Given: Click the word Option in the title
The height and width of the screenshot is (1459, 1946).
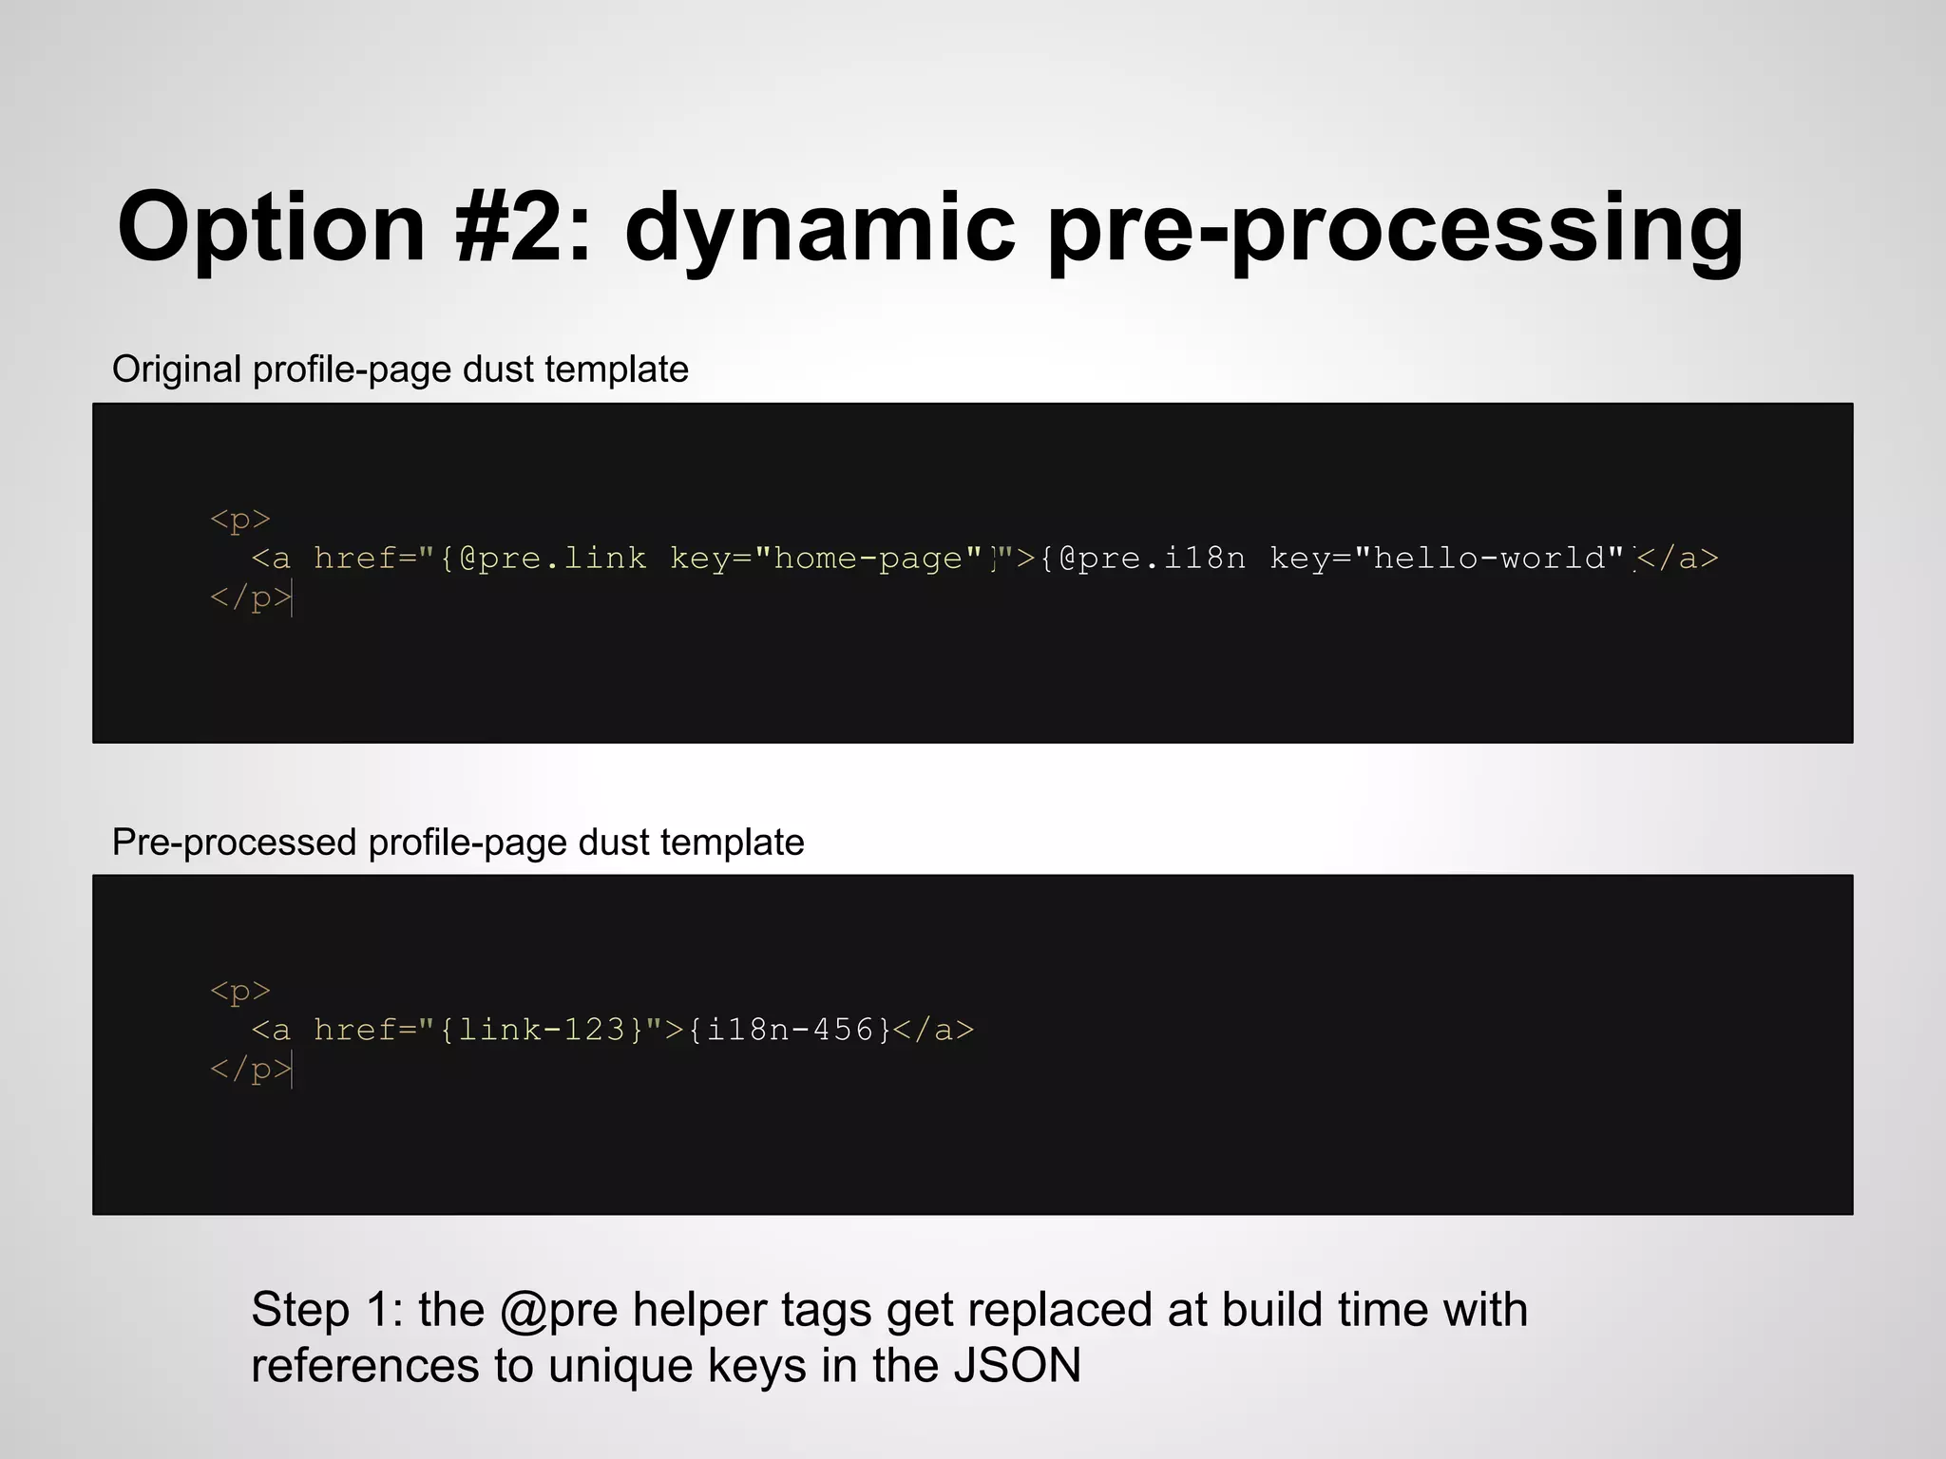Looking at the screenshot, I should pyautogui.click(x=271, y=228).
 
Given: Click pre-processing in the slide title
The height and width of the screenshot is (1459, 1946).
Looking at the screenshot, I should pyautogui.click(x=1395, y=228).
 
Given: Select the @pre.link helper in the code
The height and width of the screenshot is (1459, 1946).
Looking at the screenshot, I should pyautogui.click(x=552, y=558).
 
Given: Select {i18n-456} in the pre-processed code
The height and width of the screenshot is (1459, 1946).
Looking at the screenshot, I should pyautogui.click(x=790, y=1030).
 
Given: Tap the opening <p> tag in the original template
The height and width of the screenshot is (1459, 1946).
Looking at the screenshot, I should pyautogui.click(x=240, y=519).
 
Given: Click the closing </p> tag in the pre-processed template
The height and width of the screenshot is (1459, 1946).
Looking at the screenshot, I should pyautogui.click(x=250, y=1070).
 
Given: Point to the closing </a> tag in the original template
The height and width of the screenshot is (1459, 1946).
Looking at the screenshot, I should pyautogui.click(x=1678, y=558).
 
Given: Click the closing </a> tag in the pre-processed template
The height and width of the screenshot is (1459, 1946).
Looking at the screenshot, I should pyautogui.click(x=934, y=1030).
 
